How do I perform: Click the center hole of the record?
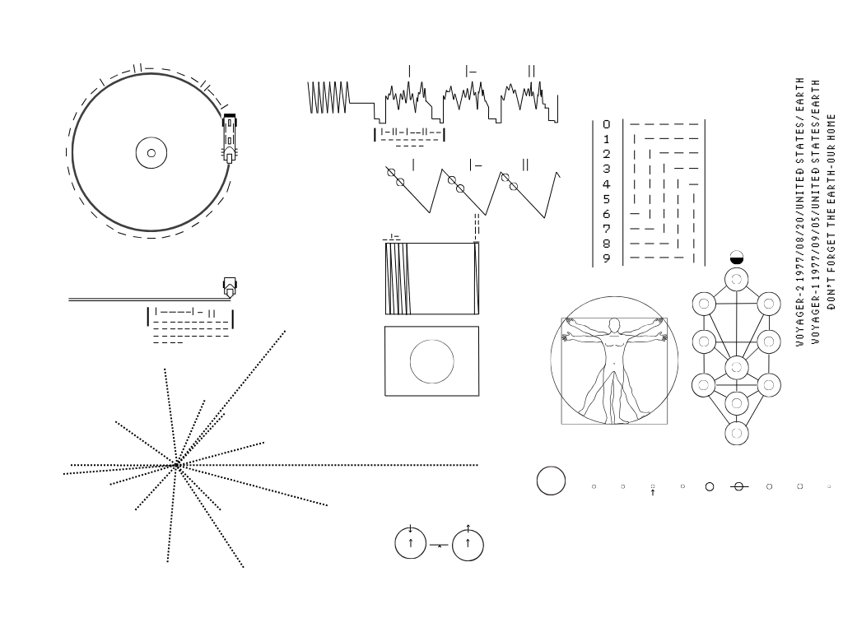[151, 153]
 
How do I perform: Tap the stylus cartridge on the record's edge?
[230, 138]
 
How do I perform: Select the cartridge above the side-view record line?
[230, 287]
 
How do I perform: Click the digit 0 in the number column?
[607, 124]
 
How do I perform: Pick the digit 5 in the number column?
[607, 199]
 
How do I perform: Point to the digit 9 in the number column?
[607, 258]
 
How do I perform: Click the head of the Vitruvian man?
[614, 325]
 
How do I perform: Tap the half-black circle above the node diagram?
[737, 258]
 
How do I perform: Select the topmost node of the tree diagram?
[737, 280]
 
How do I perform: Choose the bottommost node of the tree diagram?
[737, 433]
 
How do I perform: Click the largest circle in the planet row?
[551, 481]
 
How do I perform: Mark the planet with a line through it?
[738, 486]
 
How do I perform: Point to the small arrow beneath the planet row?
[653, 492]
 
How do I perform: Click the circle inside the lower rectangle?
[431, 362]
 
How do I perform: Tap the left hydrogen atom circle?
[411, 543]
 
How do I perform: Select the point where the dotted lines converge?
[178, 465]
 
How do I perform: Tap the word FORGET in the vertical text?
[831, 252]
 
